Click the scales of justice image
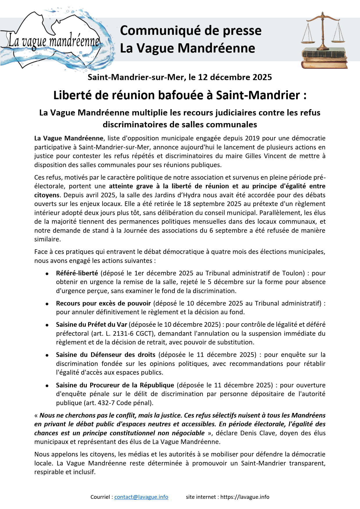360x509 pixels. (x=324, y=41)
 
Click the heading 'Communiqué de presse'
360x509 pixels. (x=190, y=30)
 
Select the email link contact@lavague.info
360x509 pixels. (x=141, y=497)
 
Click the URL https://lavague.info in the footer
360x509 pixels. (x=245, y=497)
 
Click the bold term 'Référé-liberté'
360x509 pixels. (x=77, y=273)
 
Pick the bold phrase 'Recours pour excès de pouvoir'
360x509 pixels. (x=103, y=303)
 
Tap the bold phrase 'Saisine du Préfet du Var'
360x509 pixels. (x=91, y=324)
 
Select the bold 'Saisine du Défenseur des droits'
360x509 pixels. (x=106, y=355)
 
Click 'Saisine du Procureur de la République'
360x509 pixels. (x=115, y=385)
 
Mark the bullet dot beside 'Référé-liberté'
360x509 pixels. (x=47, y=274)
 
